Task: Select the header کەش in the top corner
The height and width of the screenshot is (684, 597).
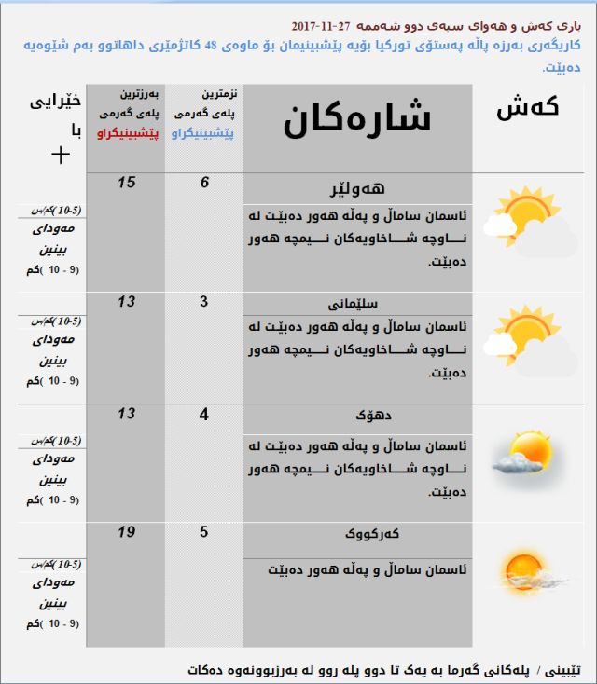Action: tap(528, 107)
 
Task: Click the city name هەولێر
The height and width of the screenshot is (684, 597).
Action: tap(357, 186)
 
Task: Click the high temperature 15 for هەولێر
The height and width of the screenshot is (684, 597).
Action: tap(126, 182)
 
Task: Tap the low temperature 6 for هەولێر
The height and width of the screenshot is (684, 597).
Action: tap(204, 182)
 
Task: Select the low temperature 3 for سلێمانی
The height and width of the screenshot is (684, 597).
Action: tap(204, 300)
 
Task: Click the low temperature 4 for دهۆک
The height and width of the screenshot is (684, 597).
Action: tap(204, 413)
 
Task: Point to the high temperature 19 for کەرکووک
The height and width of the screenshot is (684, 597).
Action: tap(126, 532)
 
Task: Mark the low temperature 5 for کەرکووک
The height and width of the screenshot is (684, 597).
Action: tap(204, 532)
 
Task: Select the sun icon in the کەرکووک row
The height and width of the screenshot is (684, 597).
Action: tap(523, 568)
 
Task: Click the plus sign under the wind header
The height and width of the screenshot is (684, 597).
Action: tap(60, 154)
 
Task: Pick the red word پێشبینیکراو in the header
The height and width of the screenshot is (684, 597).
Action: tap(127, 134)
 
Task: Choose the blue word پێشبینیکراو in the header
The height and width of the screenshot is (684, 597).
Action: tap(204, 134)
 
